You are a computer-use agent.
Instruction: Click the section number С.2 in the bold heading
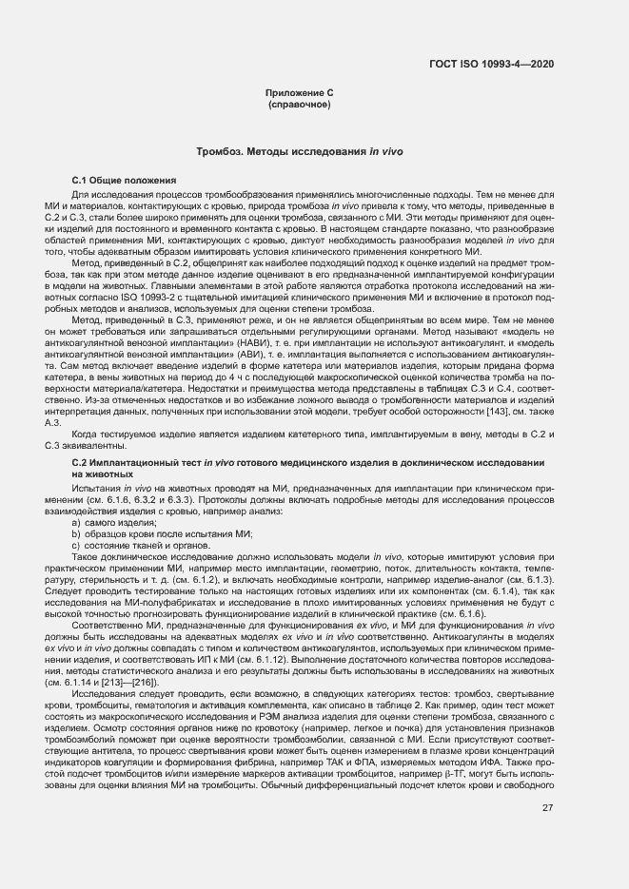[80, 462]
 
